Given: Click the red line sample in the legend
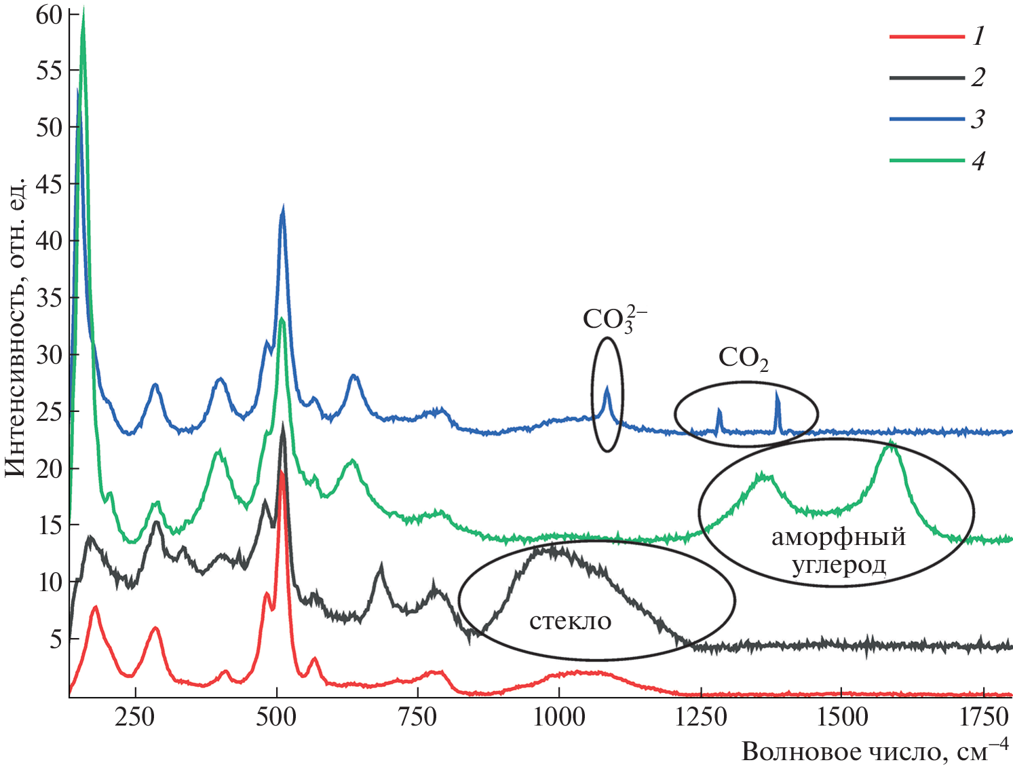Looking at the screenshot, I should (926, 36).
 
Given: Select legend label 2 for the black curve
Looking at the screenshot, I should (978, 77).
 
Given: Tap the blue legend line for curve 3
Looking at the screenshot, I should (926, 119).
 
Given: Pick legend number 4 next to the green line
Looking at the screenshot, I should (978, 161).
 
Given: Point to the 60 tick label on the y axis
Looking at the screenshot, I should (49, 14).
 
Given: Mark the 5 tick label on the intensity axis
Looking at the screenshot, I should (56, 639).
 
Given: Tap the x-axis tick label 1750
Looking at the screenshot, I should (982, 717).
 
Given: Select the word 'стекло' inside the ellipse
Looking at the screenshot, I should (570, 620).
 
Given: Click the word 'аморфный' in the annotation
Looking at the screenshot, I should (839, 537).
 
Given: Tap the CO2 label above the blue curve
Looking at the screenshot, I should (743, 358).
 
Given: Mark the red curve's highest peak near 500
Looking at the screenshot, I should (280, 472).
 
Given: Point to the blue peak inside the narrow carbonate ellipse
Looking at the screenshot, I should (607, 388).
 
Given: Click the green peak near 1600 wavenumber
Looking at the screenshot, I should (890, 443).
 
